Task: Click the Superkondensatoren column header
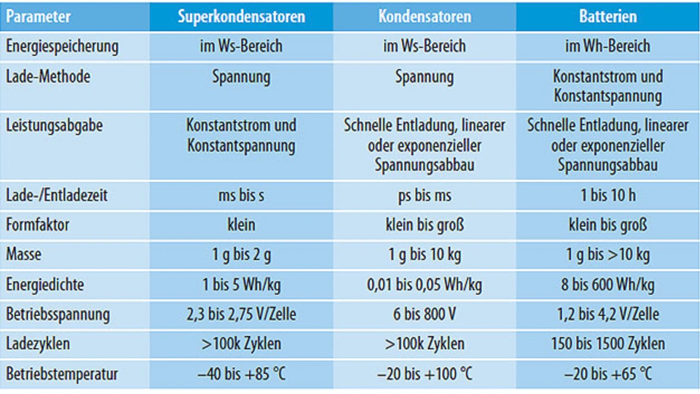241,16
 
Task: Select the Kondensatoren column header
424,16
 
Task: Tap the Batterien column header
608,16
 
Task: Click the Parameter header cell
39,16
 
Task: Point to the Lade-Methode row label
48,77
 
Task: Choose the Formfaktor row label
38,225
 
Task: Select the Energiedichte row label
45,285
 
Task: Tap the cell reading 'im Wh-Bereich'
608,46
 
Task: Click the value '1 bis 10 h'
608,195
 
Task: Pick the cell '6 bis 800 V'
424,314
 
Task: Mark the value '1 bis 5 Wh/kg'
241,285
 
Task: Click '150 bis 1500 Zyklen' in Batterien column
608,344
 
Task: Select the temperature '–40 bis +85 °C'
241,374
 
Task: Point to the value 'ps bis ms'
424,195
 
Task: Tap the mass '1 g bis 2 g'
241,255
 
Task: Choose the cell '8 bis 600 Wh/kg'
608,285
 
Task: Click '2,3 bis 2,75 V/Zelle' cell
241,314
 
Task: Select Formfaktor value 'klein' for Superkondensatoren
241,225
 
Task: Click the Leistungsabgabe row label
54,126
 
